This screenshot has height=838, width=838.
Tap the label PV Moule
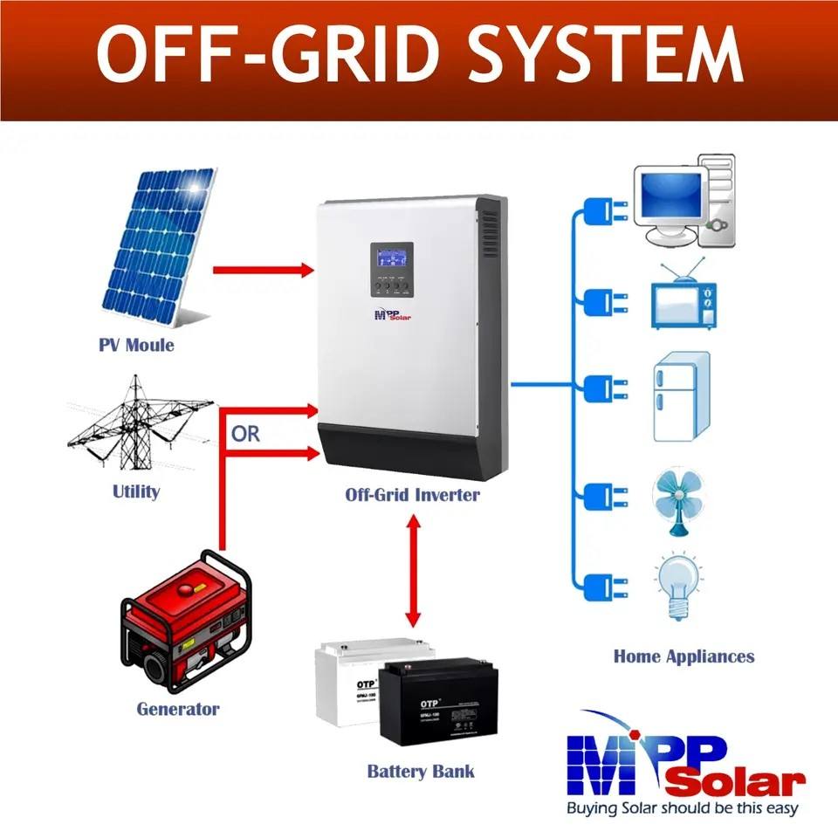tap(136, 345)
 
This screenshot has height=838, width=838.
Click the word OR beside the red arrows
tap(246, 434)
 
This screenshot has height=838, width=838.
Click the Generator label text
tap(178, 708)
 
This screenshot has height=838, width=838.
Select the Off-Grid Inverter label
tap(412, 495)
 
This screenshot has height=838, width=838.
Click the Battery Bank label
tap(421, 772)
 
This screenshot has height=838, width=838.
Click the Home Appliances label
tap(683, 656)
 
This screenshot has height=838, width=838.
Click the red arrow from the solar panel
tap(262, 271)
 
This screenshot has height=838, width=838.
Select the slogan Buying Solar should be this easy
tap(683, 808)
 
